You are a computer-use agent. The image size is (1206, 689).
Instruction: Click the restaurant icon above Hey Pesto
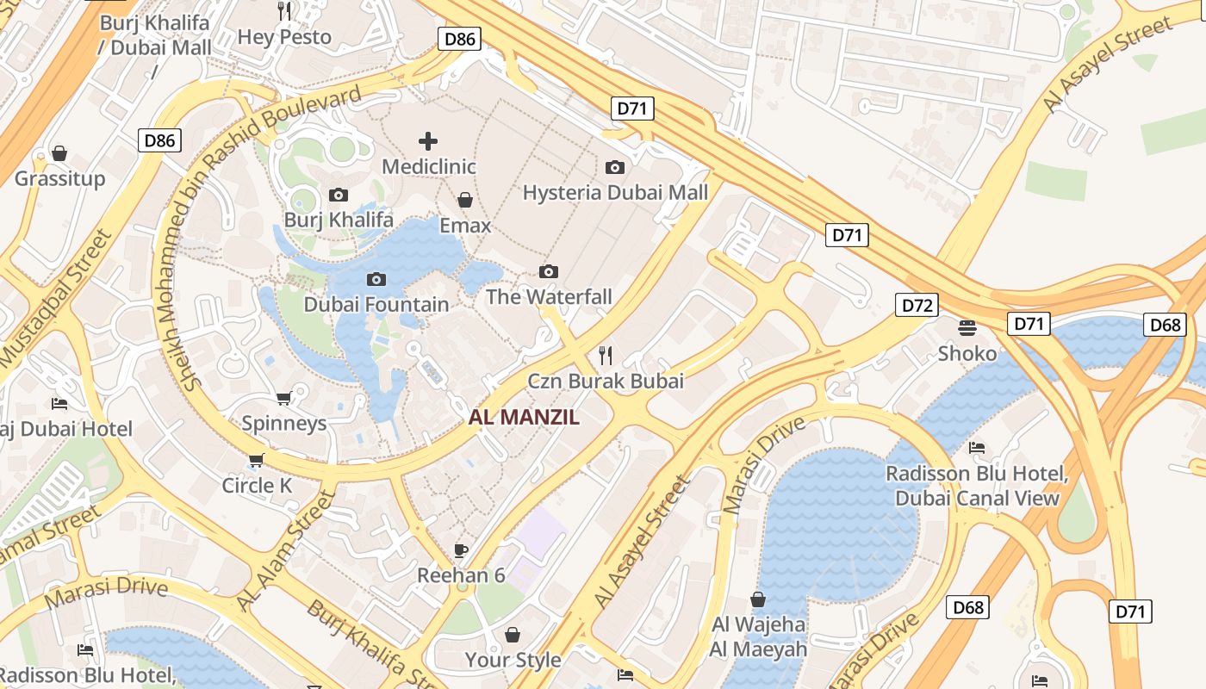pyautogui.click(x=284, y=10)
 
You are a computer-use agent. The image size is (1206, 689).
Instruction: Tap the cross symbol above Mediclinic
pyautogui.click(x=428, y=141)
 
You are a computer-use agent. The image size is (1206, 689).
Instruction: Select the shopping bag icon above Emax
pyautogui.click(x=465, y=200)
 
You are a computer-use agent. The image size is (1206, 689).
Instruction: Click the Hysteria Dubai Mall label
pyautogui.click(x=615, y=192)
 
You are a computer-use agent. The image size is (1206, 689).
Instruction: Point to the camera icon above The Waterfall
pyautogui.click(x=548, y=271)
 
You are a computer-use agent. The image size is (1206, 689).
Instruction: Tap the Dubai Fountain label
pyautogui.click(x=376, y=304)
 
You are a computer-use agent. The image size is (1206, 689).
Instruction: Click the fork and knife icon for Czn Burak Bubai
pyautogui.click(x=606, y=355)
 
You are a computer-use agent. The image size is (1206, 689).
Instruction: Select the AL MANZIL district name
pyautogui.click(x=524, y=419)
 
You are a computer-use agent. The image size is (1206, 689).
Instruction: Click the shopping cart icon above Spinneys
pyautogui.click(x=283, y=398)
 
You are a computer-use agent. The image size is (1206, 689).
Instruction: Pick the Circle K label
pyautogui.click(x=257, y=485)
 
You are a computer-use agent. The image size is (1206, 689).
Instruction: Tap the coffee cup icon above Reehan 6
pyautogui.click(x=461, y=549)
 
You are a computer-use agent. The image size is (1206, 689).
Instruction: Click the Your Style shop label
pyautogui.click(x=513, y=660)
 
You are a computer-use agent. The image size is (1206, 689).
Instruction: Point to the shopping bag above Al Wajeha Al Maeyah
pyautogui.click(x=758, y=599)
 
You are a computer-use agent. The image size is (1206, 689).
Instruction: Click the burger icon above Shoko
pyautogui.click(x=967, y=327)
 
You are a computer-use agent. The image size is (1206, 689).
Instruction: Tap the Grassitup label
pyautogui.click(x=59, y=178)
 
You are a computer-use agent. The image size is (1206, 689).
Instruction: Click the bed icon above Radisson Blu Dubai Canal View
pyautogui.click(x=977, y=447)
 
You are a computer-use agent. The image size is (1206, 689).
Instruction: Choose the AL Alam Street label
pyautogui.click(x=283, y=551)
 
